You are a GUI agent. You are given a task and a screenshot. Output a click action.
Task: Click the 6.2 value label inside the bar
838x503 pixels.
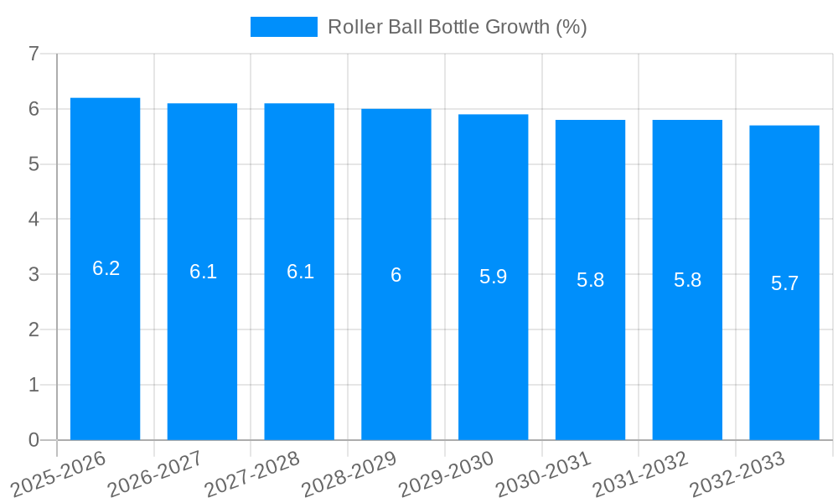tap(106, 268)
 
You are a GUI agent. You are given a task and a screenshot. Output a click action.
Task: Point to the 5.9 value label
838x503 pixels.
tap(493, 277)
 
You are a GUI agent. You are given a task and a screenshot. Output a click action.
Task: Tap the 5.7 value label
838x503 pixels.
tap(784, 283)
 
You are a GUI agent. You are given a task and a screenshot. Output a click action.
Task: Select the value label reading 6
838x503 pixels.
tap(396, 275)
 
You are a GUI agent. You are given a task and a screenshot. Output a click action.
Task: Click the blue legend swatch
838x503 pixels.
tap(283, 27)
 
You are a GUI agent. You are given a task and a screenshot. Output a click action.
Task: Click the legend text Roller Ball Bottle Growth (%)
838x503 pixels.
tap(457, 27)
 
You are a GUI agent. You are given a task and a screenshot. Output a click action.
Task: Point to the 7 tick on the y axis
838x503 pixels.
tap(34, 54)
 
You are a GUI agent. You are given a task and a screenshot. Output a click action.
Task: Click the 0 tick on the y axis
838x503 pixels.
tap(34, 440)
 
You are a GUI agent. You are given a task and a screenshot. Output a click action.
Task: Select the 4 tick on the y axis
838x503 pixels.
tap(34, 220)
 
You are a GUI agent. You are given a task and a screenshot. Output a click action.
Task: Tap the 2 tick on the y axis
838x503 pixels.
tap(34, 329)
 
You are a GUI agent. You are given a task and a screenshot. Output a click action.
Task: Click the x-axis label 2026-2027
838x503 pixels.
tap(156, 474)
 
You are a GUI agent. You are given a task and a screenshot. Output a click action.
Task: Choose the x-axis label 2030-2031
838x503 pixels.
tap(544, 474)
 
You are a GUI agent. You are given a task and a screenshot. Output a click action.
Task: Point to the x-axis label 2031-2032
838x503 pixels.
tap(641, 474)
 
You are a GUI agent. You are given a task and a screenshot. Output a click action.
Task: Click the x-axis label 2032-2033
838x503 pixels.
tap(737, 474)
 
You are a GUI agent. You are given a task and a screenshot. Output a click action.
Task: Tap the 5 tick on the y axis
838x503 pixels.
tap(34, 164)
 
